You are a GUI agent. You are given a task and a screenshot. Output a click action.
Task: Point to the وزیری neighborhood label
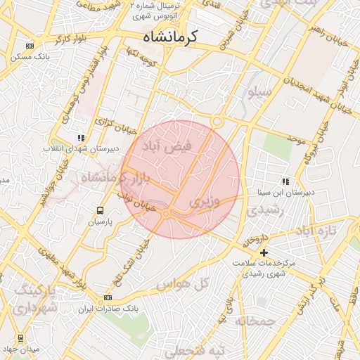click(x=205, y=201)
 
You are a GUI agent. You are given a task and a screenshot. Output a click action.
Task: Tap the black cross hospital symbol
click(x=264, y=252)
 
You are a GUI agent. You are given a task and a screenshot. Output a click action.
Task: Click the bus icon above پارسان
click(x=100, y=210)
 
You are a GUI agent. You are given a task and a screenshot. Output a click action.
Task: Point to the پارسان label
click(x=100, y=221)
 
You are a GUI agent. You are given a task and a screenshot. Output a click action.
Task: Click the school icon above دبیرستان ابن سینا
click(x=285, y=181)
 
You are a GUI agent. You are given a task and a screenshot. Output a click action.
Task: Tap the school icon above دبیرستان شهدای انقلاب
click(x=82, y=138)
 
